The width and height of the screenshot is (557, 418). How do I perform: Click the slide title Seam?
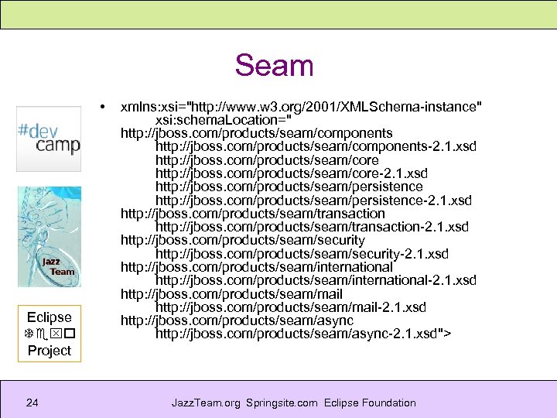click(274, 65)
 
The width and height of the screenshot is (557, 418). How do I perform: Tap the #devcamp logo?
click(49, 138)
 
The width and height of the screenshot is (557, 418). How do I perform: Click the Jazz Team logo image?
click(49, 237)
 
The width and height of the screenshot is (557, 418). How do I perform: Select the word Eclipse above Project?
click(49, 317)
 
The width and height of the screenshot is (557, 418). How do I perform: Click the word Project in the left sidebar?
click(49, 351)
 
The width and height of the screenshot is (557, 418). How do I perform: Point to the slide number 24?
click(32, 403)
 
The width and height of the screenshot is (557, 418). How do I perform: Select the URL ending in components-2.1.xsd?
click(316, 146)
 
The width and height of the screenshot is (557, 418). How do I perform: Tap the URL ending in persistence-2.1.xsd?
click(313, 200)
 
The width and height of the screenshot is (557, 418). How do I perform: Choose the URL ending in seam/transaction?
click(252, 214)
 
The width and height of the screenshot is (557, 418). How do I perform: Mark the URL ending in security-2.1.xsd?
click(302, 254)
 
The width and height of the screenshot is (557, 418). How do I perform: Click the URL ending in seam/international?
click(256, 267)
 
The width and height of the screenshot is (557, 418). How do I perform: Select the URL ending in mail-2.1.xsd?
click(290, 307)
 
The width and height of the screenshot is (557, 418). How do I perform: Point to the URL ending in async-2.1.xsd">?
click(303, 334)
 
